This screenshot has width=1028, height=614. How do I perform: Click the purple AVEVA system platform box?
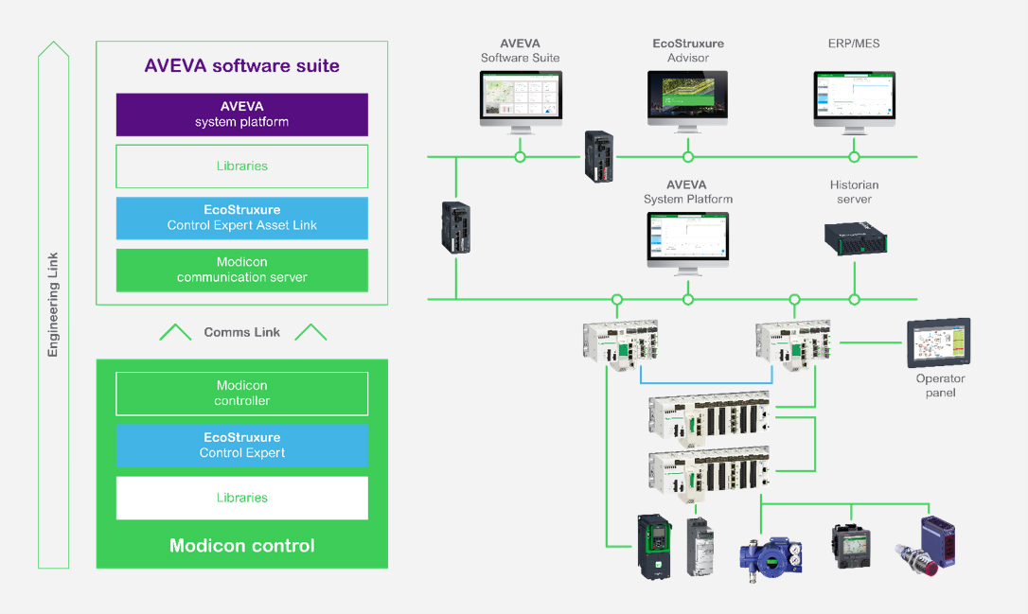[x=241, y=114]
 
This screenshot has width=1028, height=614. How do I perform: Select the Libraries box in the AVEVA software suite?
[x=241, y=167]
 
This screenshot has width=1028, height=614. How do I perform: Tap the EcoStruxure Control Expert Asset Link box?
[x=241, y=218]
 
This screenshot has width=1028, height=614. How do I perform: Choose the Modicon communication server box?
[x=241, y=270]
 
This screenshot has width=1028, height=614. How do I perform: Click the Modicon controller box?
[x=241, y=394]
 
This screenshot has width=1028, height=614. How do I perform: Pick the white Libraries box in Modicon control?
[x=241, y=498]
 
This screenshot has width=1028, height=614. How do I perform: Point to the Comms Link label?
[x=241, y=332]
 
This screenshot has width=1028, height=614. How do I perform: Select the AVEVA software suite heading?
[x=241, y=66]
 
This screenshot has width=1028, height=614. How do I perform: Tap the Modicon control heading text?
[x=241, y=546]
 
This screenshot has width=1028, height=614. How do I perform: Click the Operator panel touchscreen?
[x=938, y=343]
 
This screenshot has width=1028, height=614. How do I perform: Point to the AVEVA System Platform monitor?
[x=687, y=239]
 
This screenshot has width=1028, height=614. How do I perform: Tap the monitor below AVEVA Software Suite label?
[x=520, y=98]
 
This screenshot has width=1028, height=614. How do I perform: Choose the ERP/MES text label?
[x=853, y=44]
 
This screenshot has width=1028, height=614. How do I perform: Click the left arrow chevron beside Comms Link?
[x=174, y=332]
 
